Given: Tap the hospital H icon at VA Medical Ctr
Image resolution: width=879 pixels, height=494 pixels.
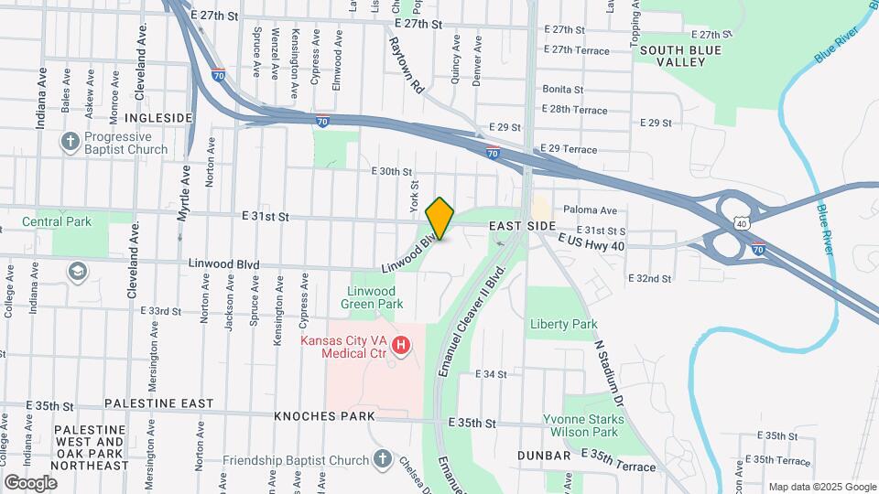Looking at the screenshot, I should tap(400, 345).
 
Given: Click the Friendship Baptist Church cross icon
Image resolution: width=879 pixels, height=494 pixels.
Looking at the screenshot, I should tap(383, 459).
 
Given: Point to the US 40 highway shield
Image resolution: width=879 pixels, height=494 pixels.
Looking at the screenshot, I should tap(740, 222).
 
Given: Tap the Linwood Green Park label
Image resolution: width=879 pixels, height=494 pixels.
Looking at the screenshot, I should tap(372, 296).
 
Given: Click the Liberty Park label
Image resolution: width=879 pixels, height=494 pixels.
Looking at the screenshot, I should tap(563, 324).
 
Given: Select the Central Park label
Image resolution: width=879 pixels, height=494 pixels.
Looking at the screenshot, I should tap(58, 221).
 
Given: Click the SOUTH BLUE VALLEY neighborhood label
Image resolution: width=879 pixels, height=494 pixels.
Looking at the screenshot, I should tap(673, 56).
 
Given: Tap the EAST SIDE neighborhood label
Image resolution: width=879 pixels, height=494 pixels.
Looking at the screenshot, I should tap(522, 226).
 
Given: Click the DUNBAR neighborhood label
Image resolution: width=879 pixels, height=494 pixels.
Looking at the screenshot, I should tap(544, 455).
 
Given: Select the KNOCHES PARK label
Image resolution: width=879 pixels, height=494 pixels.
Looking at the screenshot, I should tap(324, 416).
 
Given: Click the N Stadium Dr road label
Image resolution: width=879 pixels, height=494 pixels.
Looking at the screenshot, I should tap(609, 374).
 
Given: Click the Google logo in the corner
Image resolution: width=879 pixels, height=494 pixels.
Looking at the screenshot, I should tap(30, 482).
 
